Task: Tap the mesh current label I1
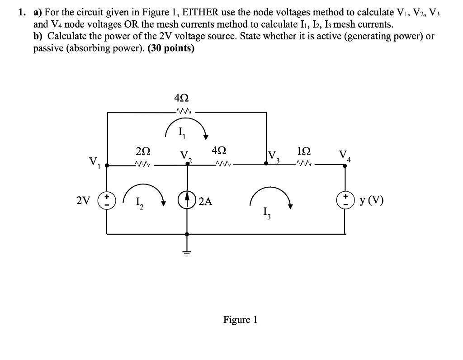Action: [x=181, y=133]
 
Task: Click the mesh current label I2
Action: [x=139, y=202]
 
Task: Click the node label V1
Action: [x=94, y=162]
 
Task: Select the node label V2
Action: [x=186, y=156]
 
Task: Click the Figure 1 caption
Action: [x=240, y=320]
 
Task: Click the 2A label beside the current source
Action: [x=205, y=201]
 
